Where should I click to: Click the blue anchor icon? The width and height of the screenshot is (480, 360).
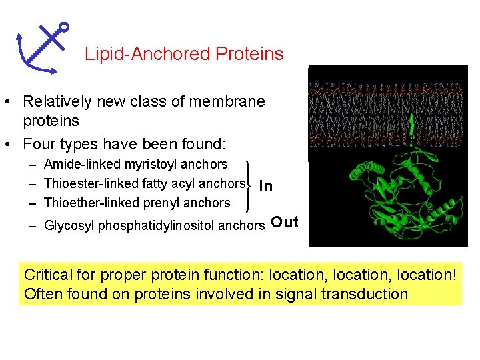pos(41,47)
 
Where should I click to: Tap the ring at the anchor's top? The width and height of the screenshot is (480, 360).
pos(64,27)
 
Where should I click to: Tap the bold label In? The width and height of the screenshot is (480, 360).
pos(265,186)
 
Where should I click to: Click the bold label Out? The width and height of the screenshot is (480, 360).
pos(285,223)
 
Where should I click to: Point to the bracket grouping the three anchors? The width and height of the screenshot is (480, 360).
pos(249,187)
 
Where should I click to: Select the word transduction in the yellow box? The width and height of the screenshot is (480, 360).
pos(364,294)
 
